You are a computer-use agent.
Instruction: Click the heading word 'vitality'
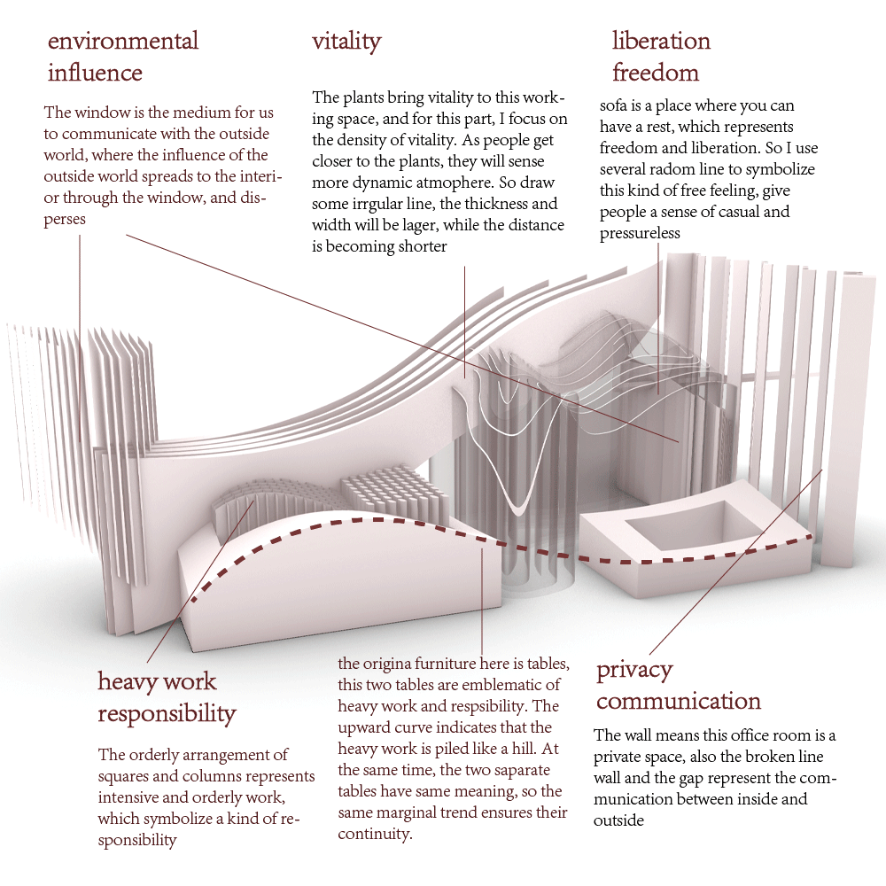pos(346,42)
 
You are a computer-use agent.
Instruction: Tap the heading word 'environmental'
pos(123,41)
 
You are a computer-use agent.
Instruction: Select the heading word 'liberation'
pos(661,42)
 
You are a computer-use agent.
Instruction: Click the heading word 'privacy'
pos(634,670)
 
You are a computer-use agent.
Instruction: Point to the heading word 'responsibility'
pos(167,714)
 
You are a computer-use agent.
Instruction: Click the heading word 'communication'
pos(679,702)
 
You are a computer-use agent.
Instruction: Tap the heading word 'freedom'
pos(656,73)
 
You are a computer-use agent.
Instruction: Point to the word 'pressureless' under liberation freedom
pos(640,233)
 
